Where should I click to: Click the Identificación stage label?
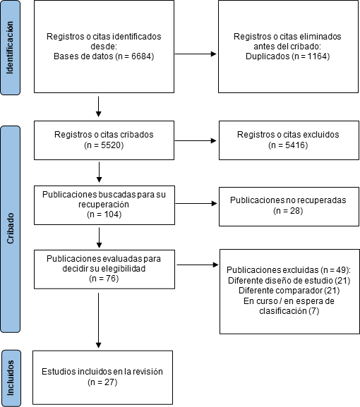click(x=10, y=47)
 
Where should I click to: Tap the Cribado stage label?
click(x=10, y=229)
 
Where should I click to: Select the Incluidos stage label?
click(x=11, y=378)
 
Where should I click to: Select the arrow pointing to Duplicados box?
click(x=196, y=54)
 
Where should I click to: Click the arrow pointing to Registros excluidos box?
click(x=196, y=140)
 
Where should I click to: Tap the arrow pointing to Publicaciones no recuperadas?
click(x=196, y=203)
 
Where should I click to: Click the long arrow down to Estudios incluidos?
click(x=98, y=320)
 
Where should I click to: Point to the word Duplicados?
click(x=268, y=56)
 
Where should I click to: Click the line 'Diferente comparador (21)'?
click(x=289, y=290)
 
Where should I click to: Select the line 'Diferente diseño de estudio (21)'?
click(x=289, y=280)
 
